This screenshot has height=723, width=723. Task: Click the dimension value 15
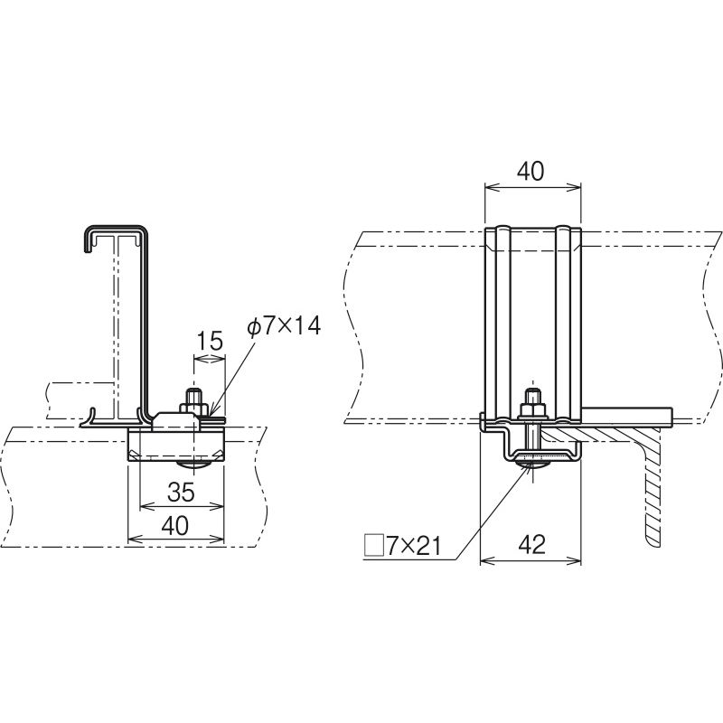click(x=210, y=341)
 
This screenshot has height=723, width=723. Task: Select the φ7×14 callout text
click(x=284, y=327)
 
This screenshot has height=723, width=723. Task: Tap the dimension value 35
click(x=181, y=493)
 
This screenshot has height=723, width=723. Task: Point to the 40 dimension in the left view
click(x=175, y=526)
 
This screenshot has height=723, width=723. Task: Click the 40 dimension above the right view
click(x=531, y=171)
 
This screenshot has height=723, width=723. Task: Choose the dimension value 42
click(x=531, y=545)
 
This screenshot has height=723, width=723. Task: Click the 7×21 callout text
click(x=413, y=547)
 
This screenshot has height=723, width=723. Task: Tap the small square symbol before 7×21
click(x=374, y=545)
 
